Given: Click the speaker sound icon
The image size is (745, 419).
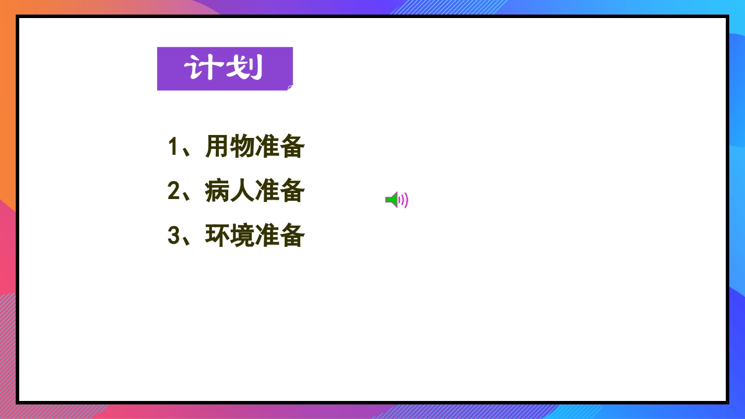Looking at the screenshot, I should click(x=396, y=200).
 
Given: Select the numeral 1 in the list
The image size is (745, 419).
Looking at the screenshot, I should click(x=173, y=147).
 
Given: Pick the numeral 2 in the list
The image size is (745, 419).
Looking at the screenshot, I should click(x=173, y=191).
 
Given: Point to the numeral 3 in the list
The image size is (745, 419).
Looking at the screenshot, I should click(x=173, y=236).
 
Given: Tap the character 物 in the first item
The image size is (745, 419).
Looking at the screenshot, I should click(x=242, y=147).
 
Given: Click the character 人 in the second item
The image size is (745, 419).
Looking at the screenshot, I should click(x=242, y=191).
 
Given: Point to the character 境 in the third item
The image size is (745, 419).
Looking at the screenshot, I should click(x=242, y=236).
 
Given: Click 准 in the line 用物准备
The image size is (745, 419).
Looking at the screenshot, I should click(x=267, y=147).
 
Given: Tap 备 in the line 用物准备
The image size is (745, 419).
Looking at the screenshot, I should click(x=292, y=147).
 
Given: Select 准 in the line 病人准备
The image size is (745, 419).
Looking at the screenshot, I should click(x=267, y=191).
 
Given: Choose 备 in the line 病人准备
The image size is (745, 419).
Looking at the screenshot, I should click(x=292, y=191).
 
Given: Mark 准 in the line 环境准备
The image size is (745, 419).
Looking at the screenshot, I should click(x=267, y=236).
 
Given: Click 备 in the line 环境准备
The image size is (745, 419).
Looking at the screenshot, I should click(x=292, y=236).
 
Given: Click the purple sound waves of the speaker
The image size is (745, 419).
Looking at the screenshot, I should click(x=404, y=200).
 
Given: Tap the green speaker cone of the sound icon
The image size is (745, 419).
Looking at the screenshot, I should click(x=392, y=200).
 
